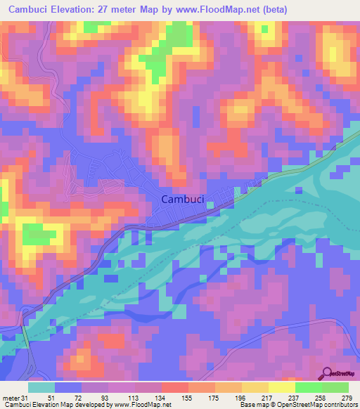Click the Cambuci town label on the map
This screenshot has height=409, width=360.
pos(183,200)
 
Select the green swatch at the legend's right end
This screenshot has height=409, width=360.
pos(335,387)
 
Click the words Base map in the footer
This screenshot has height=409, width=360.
pos(252,404)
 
